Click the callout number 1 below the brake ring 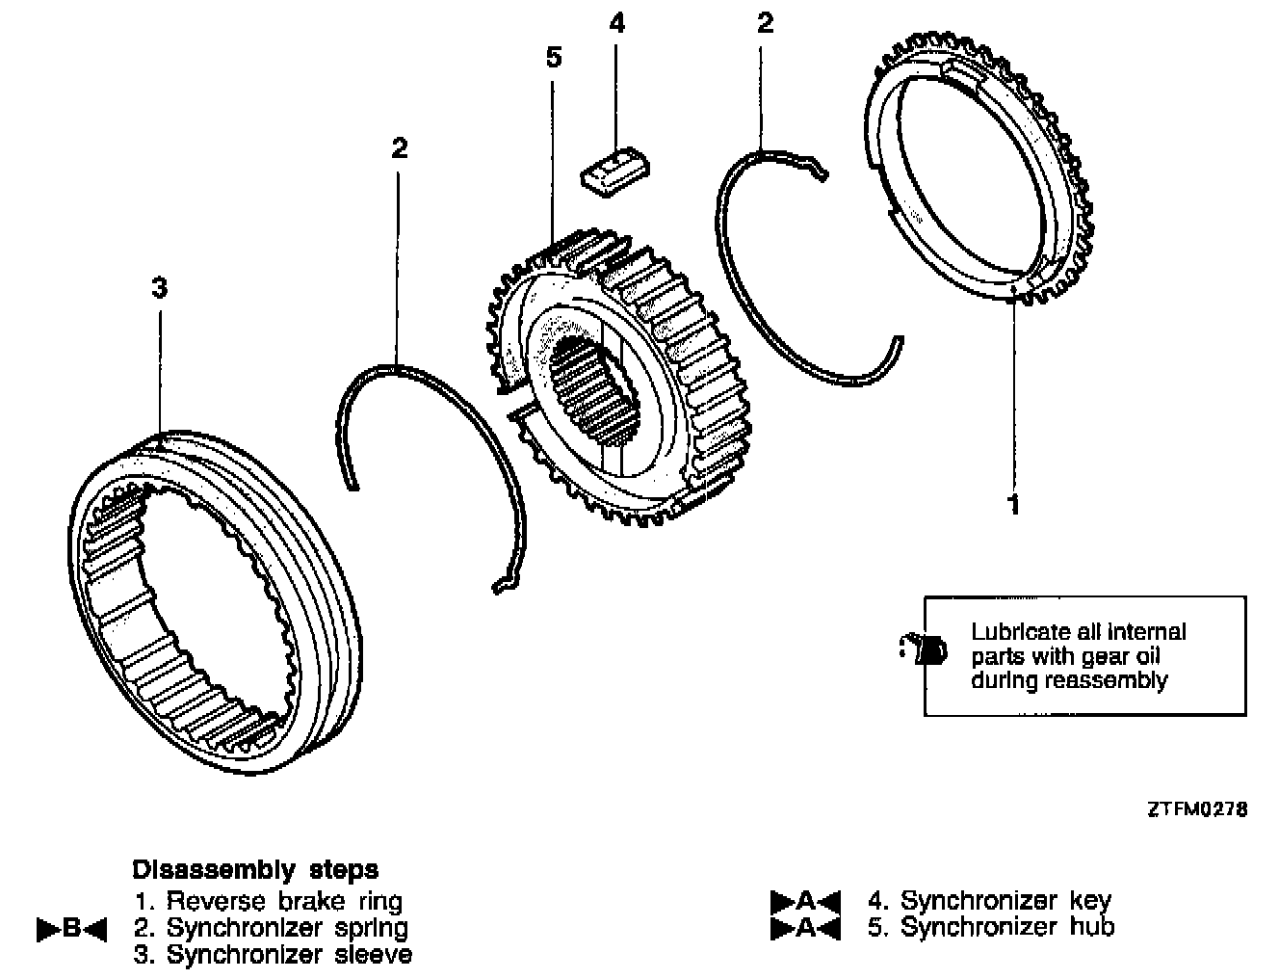click(1012, 504)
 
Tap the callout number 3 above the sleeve click(160, 288)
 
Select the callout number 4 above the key click(617, 23)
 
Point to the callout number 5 click(553, 58)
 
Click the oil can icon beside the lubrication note click(923, 649)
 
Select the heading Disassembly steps click(255, 869)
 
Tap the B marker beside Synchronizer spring click(71, 930)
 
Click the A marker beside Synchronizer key click(806, 902)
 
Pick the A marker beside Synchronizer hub click(806, 928)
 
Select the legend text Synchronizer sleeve click(289, 955)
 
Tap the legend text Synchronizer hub click(1006, 927)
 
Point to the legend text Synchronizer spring click(287, 928)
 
